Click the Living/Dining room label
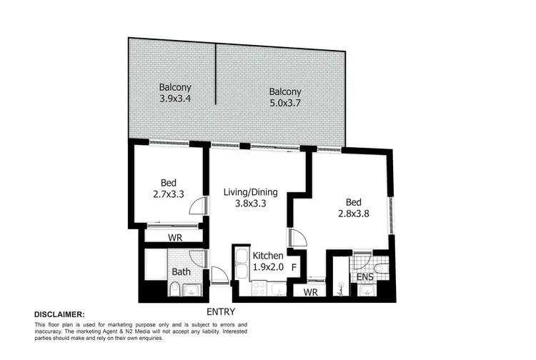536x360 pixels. pos(250,191)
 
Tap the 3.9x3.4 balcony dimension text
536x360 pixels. pos(174,99)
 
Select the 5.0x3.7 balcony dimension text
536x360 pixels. pos(285,103)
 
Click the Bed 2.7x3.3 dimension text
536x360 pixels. pos(169,194)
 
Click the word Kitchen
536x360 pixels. pos(269,256)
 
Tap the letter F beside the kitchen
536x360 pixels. pos(292,268)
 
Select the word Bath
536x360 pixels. pos(181,271)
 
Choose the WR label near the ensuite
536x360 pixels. pos(310,292)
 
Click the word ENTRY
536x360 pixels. pos(222,312)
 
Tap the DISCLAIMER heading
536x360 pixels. pos(59,314)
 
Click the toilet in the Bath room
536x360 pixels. pos(175,289)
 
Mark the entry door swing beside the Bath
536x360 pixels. pos(218,276)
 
